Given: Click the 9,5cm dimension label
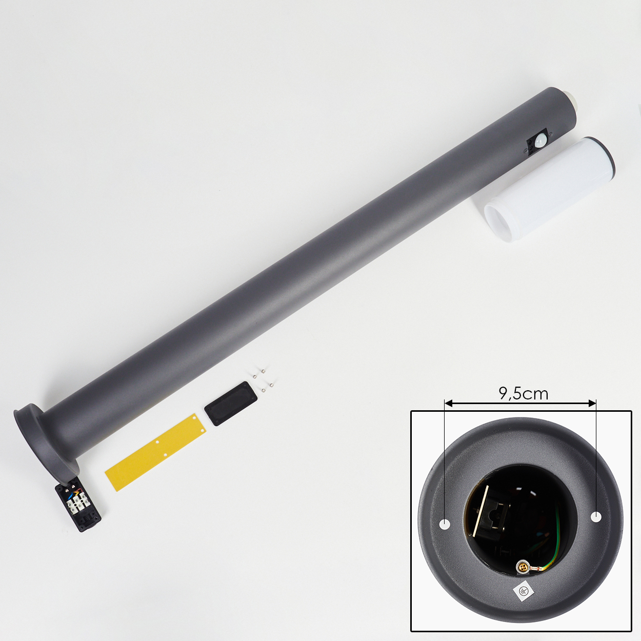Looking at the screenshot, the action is [523, 394].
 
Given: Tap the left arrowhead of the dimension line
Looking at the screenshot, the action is [448, 404].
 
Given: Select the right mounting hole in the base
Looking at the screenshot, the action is [596, 516].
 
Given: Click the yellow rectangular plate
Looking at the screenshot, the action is [156, 452].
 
